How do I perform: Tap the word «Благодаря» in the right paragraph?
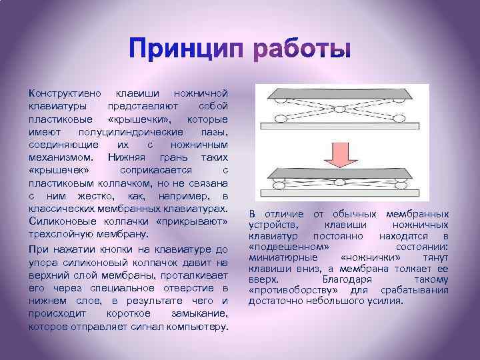point(343,280)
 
